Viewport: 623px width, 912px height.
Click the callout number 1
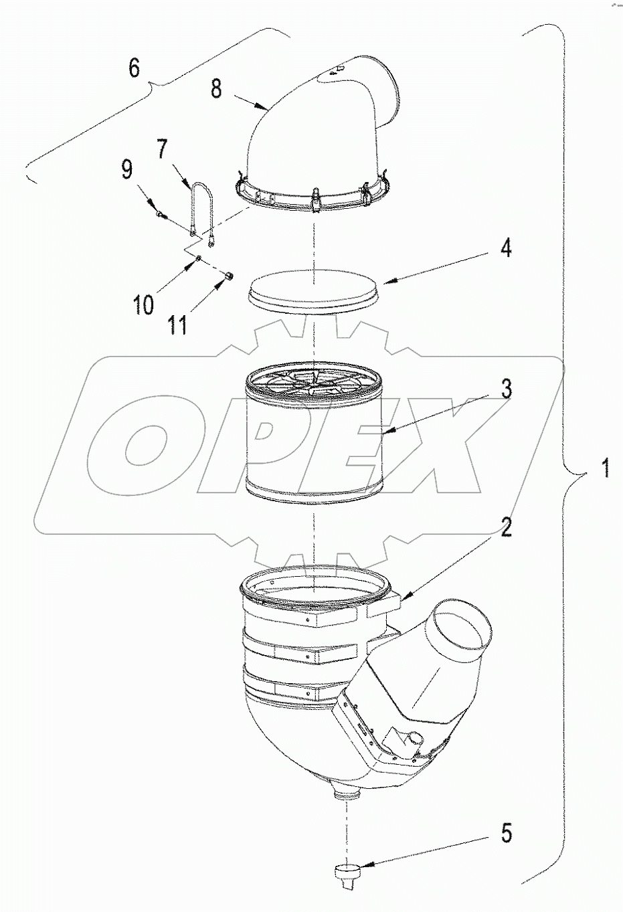point(604,467)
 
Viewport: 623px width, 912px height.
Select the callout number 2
point(507,528)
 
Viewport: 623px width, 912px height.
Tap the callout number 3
point(507,389)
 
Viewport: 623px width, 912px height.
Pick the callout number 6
point(135,68)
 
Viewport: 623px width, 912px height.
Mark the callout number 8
point(216,88)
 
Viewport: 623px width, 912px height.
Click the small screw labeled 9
point(161,215)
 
